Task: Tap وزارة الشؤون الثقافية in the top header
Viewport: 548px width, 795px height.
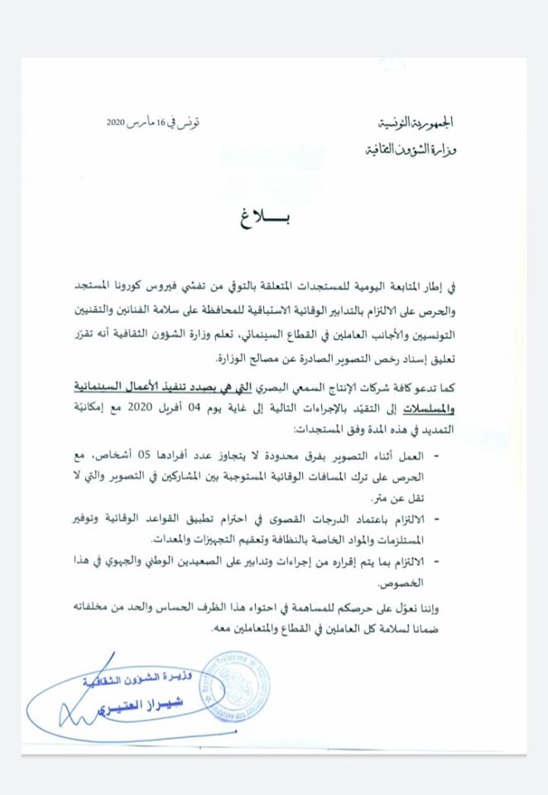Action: pos(411,151)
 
